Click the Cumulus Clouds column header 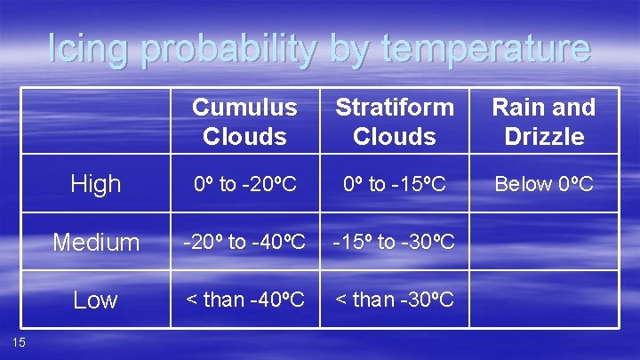pos(244,122)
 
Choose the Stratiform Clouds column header pos(394,122)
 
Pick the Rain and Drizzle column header pos(543,122)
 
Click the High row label pos(95,184)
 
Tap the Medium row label pos(95,242)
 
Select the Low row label pos(95,300)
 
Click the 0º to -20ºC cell pos(244,184)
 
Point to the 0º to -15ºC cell pos(394,184)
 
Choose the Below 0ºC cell pos(543,184)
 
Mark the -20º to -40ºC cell pos(244,241)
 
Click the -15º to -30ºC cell pos(394,241)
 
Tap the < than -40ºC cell pos(244,300)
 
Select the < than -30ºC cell pos(394,300)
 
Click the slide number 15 pos(19,343)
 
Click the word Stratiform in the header pos(394,108)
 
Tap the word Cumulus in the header pos(244,108)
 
